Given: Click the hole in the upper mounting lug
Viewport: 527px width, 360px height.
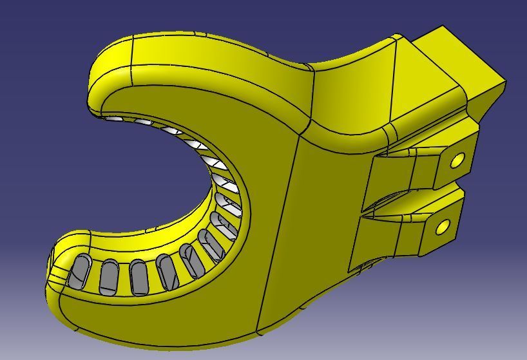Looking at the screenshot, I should pyautogui.click(x=457, y=160).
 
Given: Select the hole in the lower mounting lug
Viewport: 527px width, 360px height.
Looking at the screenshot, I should pyautogui.click(x=443, y=227).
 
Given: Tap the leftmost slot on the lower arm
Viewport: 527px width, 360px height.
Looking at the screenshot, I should pyautogui.click(x=81, y=271).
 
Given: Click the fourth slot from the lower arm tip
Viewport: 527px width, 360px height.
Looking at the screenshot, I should pyautogui.click(x=167, y=271).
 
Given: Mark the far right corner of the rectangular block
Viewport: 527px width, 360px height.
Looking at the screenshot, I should pyautogui.click(x=506, y=82).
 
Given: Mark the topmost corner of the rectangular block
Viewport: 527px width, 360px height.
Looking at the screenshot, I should pyautogui.click(x=443, y=26).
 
